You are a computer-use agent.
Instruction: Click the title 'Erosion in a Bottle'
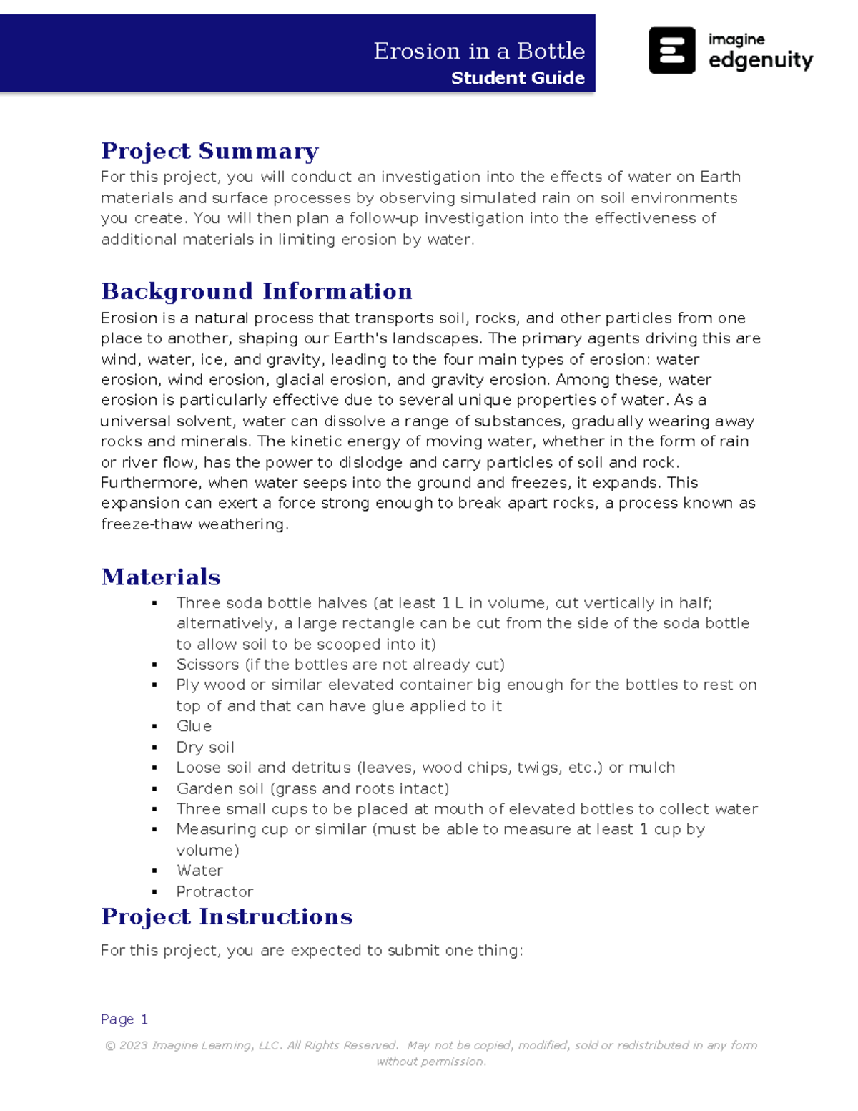tap(478, 51)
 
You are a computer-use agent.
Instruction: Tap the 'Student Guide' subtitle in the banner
tap(518, 78)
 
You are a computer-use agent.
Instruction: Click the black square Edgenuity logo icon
tap(671, 51)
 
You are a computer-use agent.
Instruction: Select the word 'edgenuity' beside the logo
tap(760, 60)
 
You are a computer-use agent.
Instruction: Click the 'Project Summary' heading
tap(209, 151)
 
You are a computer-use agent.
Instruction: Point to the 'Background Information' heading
tap(257, 291)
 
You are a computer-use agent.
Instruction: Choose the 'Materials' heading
tap(161, 577)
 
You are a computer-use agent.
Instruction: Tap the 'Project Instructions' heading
tap(227, 916)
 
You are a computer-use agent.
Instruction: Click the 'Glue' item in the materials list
tap(194, 726)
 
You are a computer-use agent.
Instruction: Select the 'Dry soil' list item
tap(205, 747)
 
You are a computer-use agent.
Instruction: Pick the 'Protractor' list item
tap(214, 891)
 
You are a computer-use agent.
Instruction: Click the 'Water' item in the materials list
tap(199, 871)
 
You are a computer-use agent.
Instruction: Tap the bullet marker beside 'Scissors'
tap(154, 665)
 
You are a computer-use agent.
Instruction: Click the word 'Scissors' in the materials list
tap(207, 665)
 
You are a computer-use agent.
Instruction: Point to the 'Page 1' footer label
tap(124, 1019)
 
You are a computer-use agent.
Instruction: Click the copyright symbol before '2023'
tap(110, 1045)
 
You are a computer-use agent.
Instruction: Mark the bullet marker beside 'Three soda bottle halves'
tap(154, 603)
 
